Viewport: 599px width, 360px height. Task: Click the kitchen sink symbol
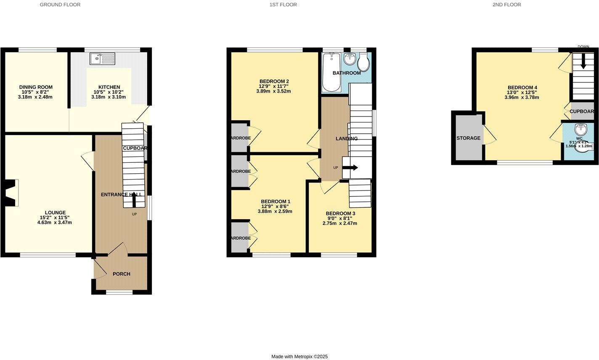[x=102, y=58]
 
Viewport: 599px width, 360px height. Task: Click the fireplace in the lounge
[x=12, y=193]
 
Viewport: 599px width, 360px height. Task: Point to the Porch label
[x=122, y=274]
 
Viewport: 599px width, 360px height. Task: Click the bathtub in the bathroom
[x=331, y=72]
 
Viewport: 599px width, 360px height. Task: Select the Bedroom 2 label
[x=274, y=81]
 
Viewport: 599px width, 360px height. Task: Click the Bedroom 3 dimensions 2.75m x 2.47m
[x=340, y=223]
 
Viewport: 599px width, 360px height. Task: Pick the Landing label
[x=347, y=138]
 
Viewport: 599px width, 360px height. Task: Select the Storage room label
[x=468, y=138]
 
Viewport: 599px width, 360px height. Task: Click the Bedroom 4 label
[x=522, y=87]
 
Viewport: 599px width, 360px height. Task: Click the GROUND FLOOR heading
[x=60, y=5]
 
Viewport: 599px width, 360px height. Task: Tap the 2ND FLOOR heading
[x=506, y=5]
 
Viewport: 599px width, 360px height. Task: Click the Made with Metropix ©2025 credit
[x=299, y=356]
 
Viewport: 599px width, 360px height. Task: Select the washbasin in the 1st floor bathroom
[x=350, y=58]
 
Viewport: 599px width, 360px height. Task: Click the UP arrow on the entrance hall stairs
[x=134, y=202]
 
